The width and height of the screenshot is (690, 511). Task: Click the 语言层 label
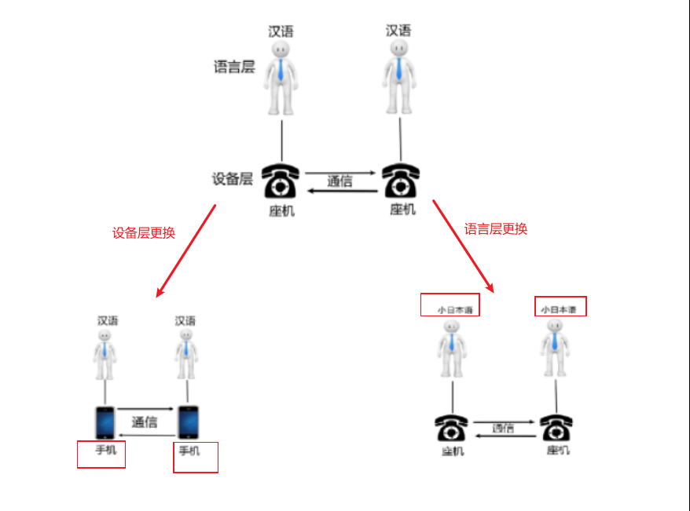[234, 68]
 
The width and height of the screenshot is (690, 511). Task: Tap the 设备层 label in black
[232, 179]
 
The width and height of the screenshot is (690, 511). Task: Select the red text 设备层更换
[144, 233]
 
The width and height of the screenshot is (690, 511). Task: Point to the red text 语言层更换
[496, 229]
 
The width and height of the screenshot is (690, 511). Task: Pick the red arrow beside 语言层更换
[463, 245]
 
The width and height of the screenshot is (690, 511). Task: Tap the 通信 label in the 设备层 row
[339, 181]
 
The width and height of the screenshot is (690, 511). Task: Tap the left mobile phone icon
[105, 422]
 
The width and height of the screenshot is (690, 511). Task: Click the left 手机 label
[105, 451]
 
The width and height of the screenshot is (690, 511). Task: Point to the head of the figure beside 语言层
[281, 49]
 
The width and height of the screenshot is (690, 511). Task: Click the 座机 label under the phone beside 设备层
[281, 210]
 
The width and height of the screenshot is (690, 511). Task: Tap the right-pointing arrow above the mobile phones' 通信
[145, 409]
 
